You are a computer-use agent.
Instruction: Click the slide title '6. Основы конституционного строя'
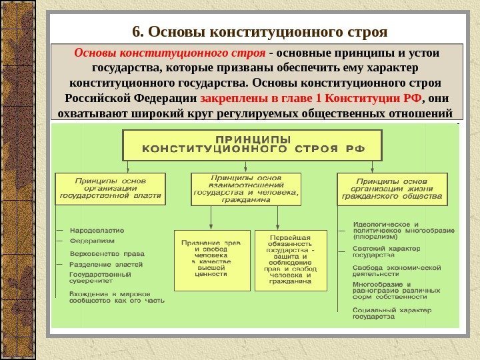point(259,32)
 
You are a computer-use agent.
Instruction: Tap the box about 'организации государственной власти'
point(110,188)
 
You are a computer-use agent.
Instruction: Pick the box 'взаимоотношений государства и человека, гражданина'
point(247,188)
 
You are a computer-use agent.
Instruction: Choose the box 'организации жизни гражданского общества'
point(391,189)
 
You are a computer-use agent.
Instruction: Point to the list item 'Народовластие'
point(97,231)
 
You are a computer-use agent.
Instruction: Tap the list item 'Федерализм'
point(92,241)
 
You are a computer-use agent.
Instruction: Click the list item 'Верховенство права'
point(107,253)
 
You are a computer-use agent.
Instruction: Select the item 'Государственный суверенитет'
point(100,277)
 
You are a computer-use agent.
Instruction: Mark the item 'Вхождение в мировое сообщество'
point(117,297)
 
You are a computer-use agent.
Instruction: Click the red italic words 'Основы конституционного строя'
point(170,53)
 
